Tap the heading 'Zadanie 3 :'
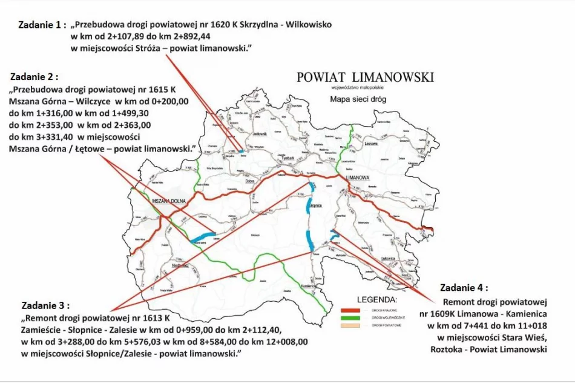coord(45,305)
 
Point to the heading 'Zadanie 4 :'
coord(464,288)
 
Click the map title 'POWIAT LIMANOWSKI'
coord(365,77)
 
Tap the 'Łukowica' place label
coord(397,259)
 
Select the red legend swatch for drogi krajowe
coord(349,308)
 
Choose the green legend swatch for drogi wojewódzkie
coord(349,318)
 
